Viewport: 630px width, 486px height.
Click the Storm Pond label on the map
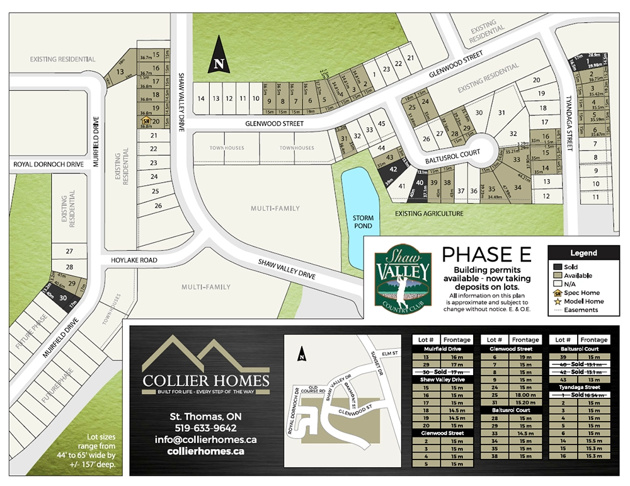tap(363, 222)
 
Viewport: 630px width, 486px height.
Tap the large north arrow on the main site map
tap(219, 56)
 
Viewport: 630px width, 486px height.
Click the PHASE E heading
tap(486, 255)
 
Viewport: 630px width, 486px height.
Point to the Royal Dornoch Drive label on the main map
tap(49, 165)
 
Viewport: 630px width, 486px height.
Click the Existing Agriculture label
tap(429, 214)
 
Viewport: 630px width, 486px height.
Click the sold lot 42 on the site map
tap(392, 169)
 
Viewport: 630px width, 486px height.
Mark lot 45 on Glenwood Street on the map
tap(381, 123)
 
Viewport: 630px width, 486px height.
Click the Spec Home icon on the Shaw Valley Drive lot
tap(146, 120)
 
